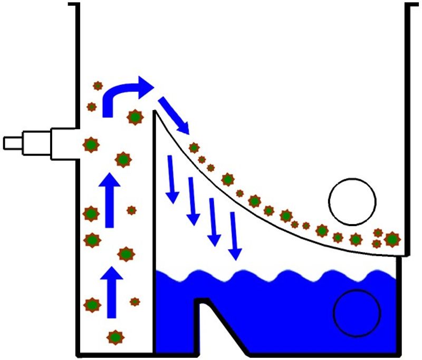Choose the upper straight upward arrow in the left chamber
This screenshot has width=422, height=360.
(110, 200)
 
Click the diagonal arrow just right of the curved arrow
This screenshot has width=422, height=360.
(175, 114)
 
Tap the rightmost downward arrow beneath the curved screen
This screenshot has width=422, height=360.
(235, 234)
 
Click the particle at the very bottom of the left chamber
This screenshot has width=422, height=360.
(116, 336)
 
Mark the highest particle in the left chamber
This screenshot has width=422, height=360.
(98, 86)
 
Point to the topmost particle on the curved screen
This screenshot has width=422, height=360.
(194, 148)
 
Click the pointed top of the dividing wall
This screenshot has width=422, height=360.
(155, 112)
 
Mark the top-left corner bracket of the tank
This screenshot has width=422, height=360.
(74, 6)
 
